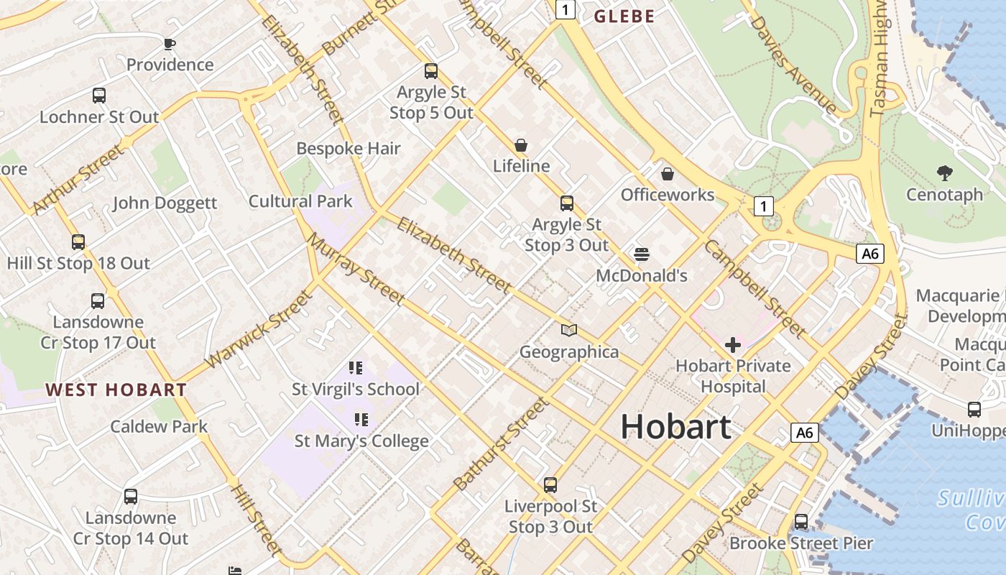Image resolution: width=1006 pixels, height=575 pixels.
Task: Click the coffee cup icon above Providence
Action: pos(170,45)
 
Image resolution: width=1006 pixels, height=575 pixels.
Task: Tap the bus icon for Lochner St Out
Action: pos(99,96)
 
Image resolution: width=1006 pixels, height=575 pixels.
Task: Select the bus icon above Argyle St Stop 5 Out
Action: pos(431,71)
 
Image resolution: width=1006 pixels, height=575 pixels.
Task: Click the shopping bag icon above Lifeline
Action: pos(521,145)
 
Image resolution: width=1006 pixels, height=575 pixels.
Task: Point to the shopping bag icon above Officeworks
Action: pos(668,174)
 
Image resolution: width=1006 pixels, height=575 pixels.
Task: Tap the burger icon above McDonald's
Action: pos(642,254)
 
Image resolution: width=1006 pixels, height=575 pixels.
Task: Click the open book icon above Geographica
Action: pos(569,331)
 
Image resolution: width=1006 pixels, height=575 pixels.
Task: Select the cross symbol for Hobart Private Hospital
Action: pos(733,346)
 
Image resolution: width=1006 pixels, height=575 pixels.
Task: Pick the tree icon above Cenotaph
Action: pos(944,172)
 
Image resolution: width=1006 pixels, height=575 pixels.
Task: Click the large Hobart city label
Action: pos(675,427)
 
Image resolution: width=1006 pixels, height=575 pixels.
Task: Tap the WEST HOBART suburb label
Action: pos(116,390)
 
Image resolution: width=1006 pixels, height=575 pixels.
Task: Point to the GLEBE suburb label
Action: pos(624,17)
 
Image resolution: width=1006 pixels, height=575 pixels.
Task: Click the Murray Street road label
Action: pos(356,269)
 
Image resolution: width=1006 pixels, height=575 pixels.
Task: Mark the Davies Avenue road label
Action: pos(793,63)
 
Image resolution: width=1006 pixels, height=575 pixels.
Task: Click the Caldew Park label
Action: pos(159,426)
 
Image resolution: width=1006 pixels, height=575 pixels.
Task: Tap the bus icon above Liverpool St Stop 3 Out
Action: pos(550,485)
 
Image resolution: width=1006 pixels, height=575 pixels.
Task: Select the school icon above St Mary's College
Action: pos(361,419)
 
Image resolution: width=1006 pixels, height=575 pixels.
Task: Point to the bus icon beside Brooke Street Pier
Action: pos(801,522)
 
